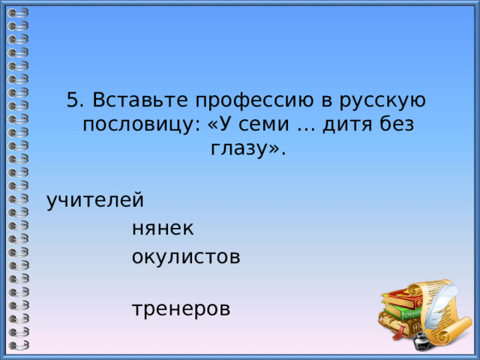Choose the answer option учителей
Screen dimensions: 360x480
[95, 201]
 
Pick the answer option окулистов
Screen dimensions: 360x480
[186, 257]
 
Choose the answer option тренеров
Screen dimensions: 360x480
[181, 308]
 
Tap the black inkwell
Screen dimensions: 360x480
[421, 342]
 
